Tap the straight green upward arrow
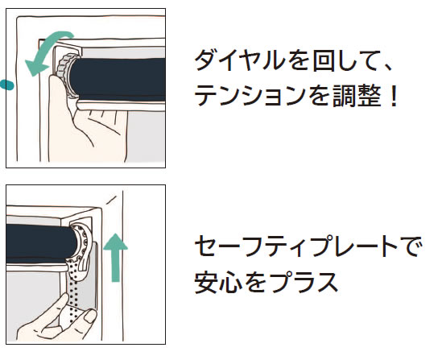(x=115, y=257)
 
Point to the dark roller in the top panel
(x=118, y=77)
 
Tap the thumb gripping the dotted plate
(x=90, y=315)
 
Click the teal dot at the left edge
(x=6, y=85)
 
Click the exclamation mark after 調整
(x=395, y=95)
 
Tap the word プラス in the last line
(x=305, y=282)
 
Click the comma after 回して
(x=387, y=68)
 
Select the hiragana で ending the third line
(x=409, y=246)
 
